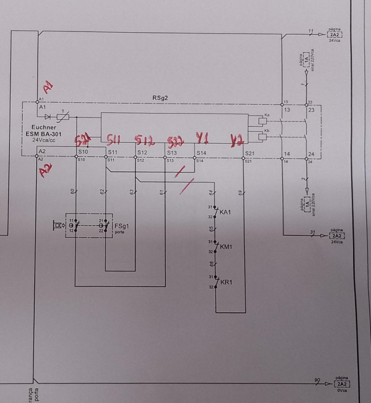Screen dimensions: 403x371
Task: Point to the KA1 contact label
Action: (x=226, y=212)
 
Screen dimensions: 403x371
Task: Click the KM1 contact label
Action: (x=226, y=247)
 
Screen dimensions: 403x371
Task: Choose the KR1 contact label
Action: (x=226, y=282)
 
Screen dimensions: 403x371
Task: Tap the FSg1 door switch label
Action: (x=121, y=226)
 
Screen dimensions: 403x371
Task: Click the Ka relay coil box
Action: (x=262, y=121)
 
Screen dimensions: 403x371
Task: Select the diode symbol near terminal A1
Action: (x=48, y=117)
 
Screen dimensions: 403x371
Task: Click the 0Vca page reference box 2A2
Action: (x=336, y=384)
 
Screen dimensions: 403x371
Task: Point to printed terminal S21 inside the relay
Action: (x=248, y=153)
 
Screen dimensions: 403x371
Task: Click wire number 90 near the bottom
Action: (x=317, y=379)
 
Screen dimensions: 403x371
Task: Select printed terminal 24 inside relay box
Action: (x=311, y=154)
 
